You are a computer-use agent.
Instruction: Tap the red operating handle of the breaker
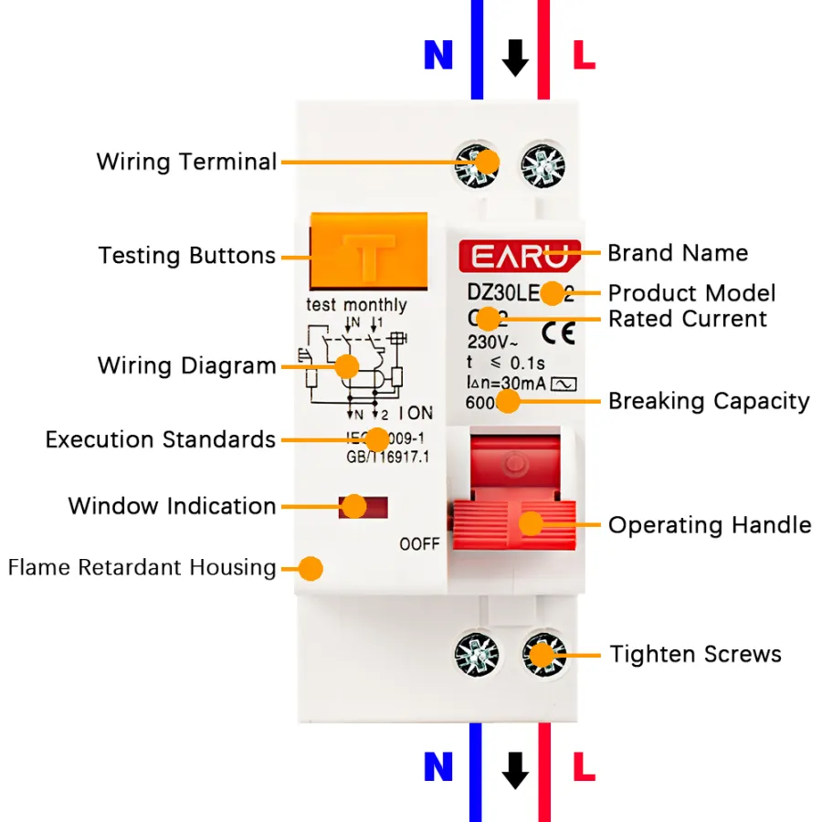pyautogui.click(x=515, y=522)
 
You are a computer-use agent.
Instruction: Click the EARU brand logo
pyautogui.click(x=519, y=255)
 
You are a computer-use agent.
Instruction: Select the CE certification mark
pyautogui.click(x=558, y=331)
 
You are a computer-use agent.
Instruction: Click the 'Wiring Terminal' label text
pyautogui.click(x=186, y=163)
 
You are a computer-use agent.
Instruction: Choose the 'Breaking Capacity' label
pyautogui.click(x=709, y=401)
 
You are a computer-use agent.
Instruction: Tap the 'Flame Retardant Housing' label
pyautogui.click(x=142, y=567)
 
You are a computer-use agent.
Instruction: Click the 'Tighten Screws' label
pyautogui.click(x=696, y=654)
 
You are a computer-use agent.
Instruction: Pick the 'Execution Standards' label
pyautogui.click(x=161, y=439)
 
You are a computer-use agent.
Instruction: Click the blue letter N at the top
pyautogui.click(x=438, y=57)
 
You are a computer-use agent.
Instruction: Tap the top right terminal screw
pyautogui.click(x=543, y=164)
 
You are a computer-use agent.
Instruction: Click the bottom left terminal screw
pyautogui.click(x=477, y=654)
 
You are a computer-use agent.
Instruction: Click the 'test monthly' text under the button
pyautogui.click(x=356, y=305)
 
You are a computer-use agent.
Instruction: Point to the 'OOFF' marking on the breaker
pyautogui.click(x=419, y=544)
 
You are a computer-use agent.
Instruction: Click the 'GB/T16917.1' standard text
pyautogui.click(x=386, y=457)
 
